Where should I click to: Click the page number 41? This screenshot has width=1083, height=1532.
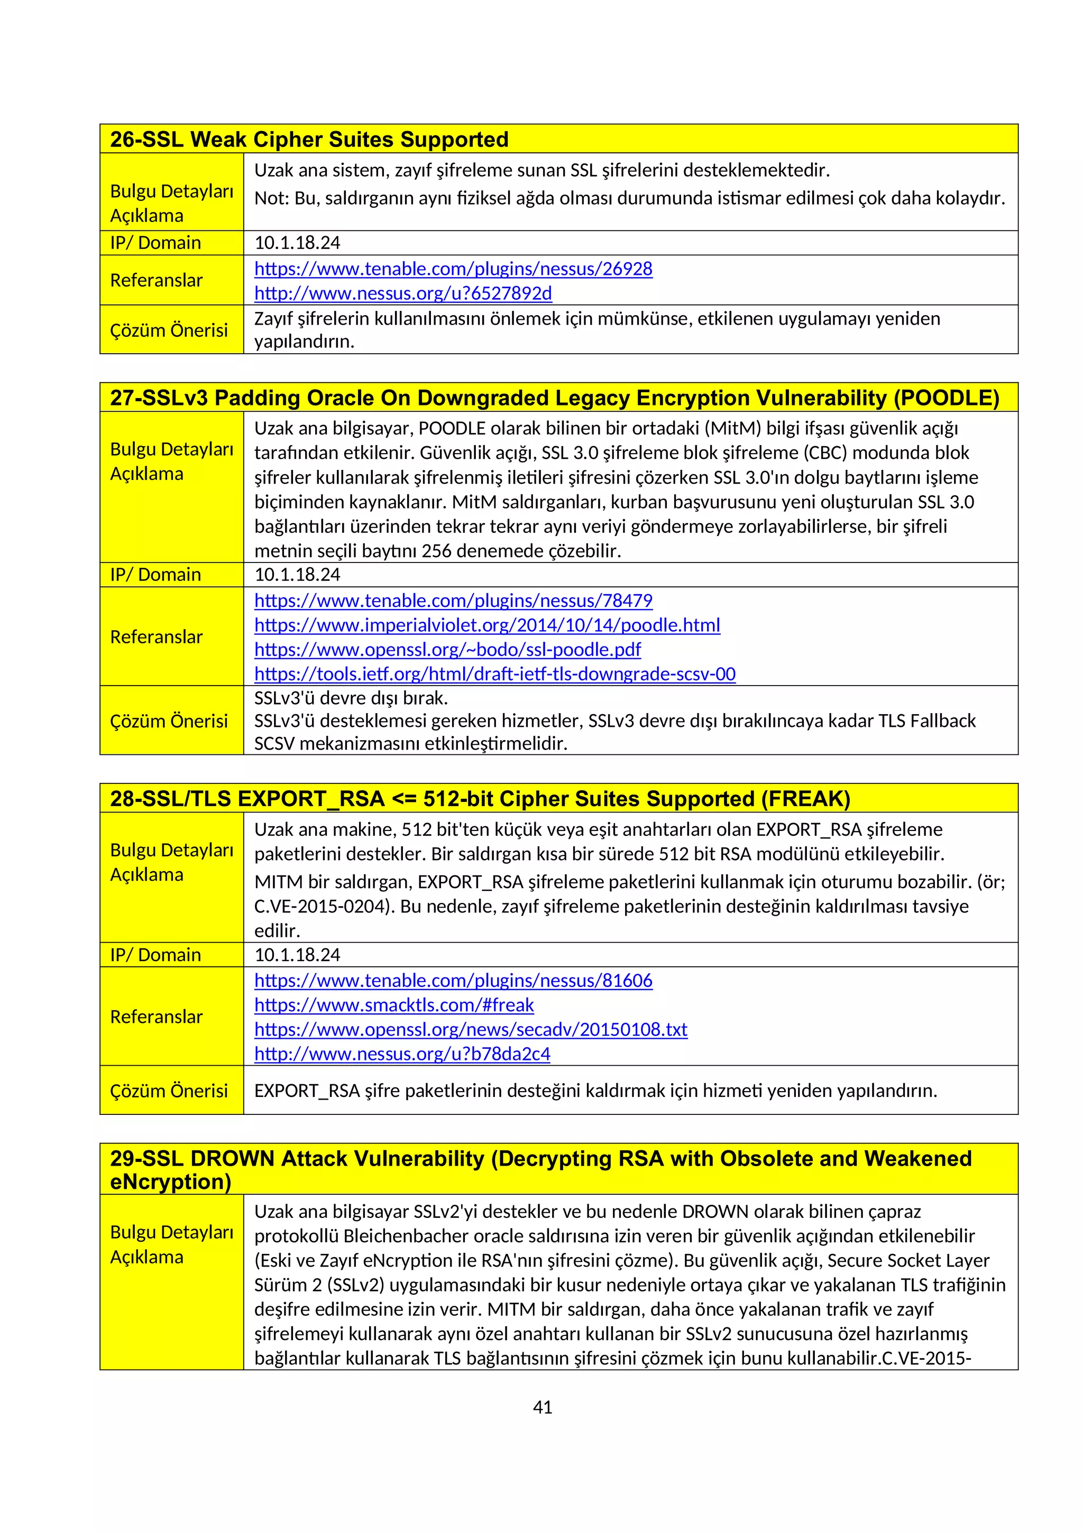[x=543, y=1407]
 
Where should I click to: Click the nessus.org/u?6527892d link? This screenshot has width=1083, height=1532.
[x=403, y=293]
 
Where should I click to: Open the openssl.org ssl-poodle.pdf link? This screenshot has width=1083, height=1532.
[x=447, y=649]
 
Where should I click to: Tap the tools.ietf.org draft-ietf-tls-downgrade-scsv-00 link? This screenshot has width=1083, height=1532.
[x=494, y=674]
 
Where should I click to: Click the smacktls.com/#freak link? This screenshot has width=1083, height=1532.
[x=393, y=1005]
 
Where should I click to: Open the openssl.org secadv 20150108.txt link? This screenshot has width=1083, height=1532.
[x=471, y=1030]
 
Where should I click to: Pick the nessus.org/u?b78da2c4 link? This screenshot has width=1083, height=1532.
[x=402, y=1054]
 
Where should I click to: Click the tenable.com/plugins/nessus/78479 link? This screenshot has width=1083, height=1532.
[x=453, y=601]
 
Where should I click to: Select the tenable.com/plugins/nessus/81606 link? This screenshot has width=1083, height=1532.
[x=453, y=980]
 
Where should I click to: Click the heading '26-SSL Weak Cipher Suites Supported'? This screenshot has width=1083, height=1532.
[x=309, y=140]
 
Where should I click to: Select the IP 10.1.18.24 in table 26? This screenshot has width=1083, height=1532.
[x=297, y=243]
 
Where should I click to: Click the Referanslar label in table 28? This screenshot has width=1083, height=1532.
[x=156, y=1017]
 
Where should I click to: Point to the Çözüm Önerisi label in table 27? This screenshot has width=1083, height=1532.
[x=169, y=721]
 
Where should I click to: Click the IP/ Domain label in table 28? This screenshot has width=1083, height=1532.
[x=155, y=955]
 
